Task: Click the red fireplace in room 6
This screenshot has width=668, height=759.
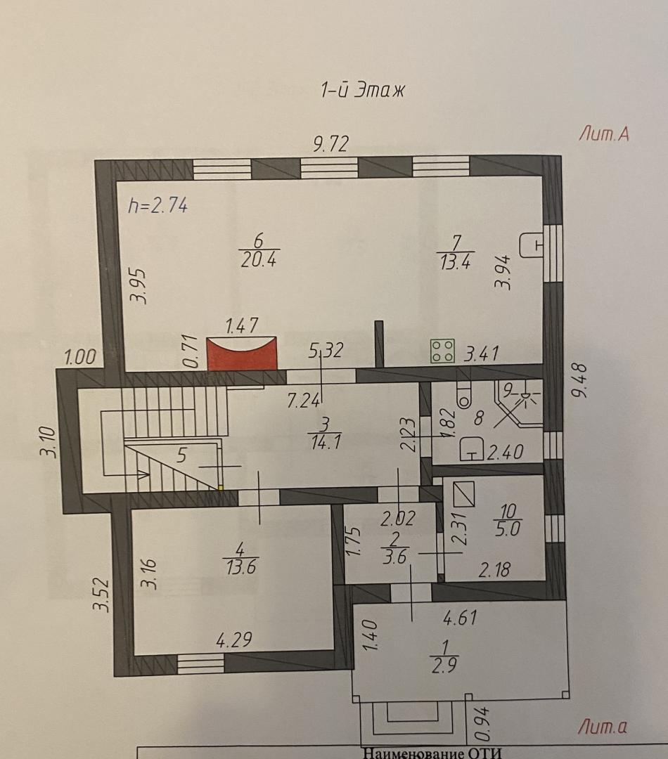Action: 242,353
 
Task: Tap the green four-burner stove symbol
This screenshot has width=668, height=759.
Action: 443,351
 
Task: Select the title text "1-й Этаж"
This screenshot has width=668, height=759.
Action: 362,90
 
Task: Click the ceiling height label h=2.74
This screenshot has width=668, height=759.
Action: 158,206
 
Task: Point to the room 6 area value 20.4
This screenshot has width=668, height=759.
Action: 259,260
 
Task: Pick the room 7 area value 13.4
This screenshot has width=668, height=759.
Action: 456,262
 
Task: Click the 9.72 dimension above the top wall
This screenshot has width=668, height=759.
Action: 330,144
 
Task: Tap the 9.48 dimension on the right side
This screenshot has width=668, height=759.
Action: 580,380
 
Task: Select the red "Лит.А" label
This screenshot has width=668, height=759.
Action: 604,133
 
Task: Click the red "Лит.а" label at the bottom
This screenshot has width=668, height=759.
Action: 603,727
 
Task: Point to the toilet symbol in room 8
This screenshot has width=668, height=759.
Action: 463,394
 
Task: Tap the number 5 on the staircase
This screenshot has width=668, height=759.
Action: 181,455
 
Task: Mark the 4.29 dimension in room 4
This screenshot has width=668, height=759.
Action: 234,640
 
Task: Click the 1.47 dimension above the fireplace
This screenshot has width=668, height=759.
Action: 242,325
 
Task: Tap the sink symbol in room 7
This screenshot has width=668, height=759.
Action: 531,245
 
